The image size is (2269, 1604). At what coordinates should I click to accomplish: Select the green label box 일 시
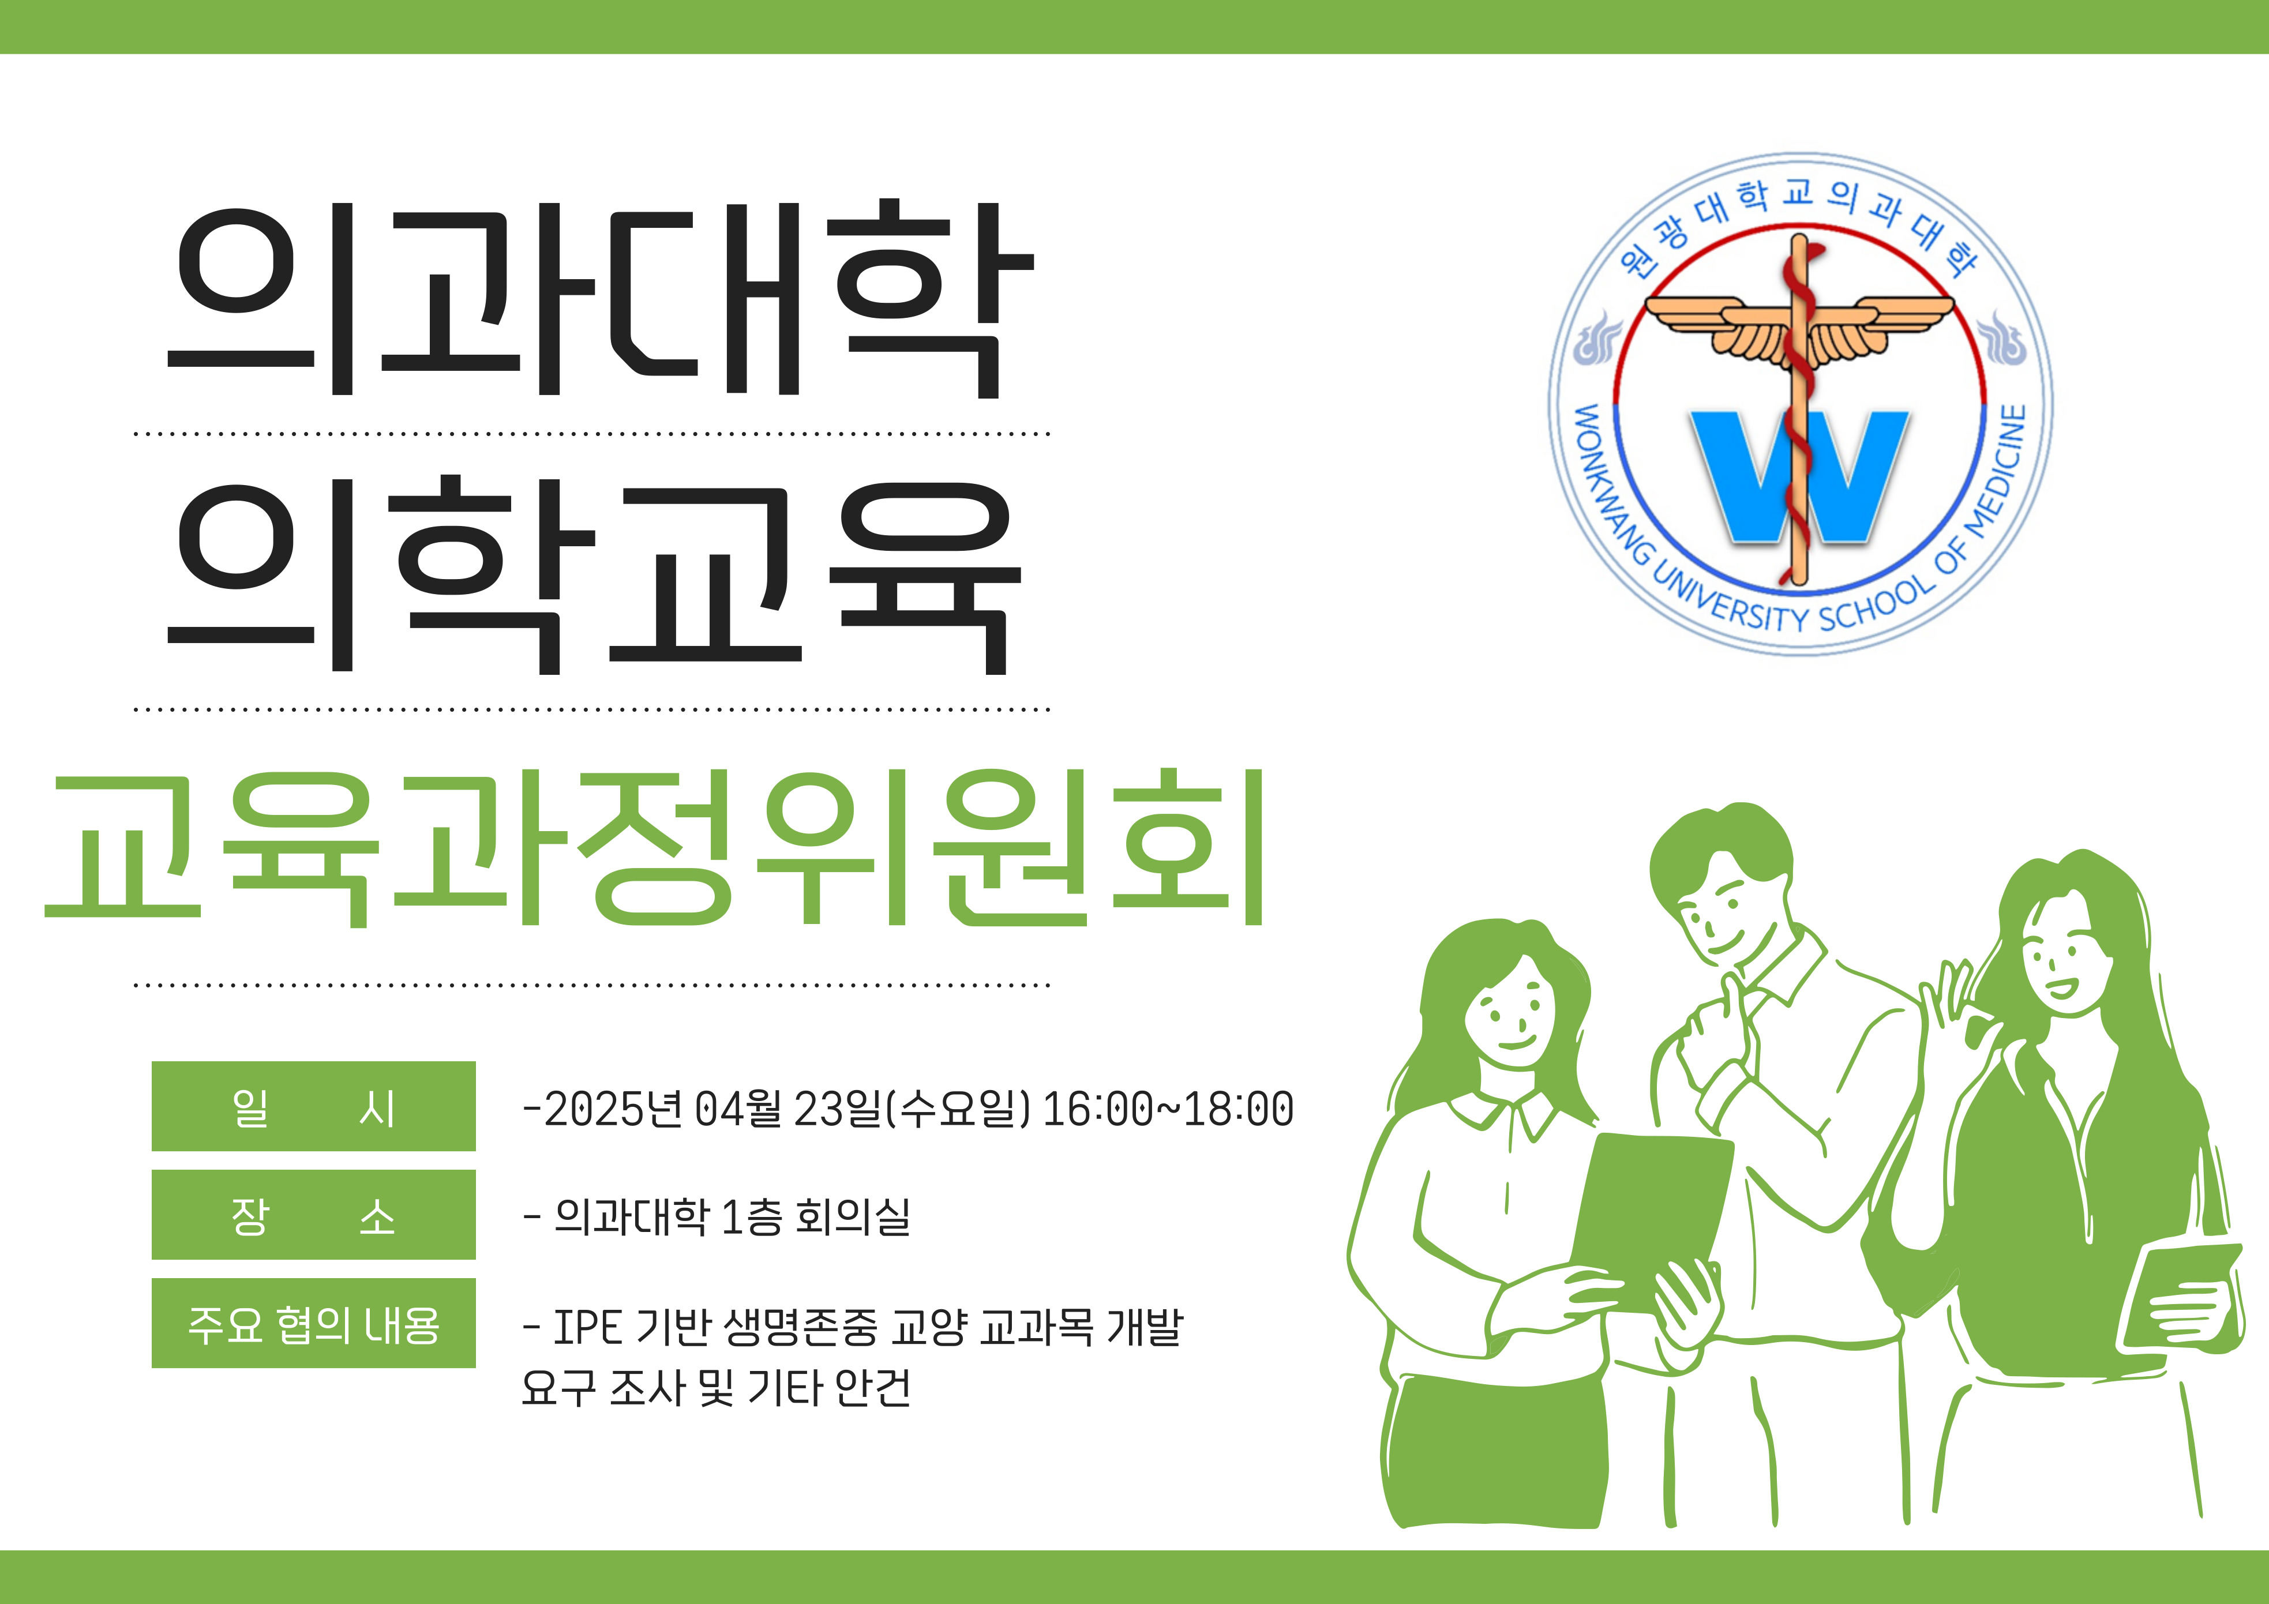coord(313,1106)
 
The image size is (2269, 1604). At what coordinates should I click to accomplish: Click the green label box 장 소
coord(313,1215)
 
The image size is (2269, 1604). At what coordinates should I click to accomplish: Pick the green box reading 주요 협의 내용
coord(313,1323)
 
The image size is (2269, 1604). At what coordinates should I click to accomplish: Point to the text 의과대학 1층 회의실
coord(732,1216)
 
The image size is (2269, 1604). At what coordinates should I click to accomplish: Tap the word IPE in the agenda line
coord(587,1327)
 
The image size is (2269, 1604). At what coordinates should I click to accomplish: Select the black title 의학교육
coord(595,575)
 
